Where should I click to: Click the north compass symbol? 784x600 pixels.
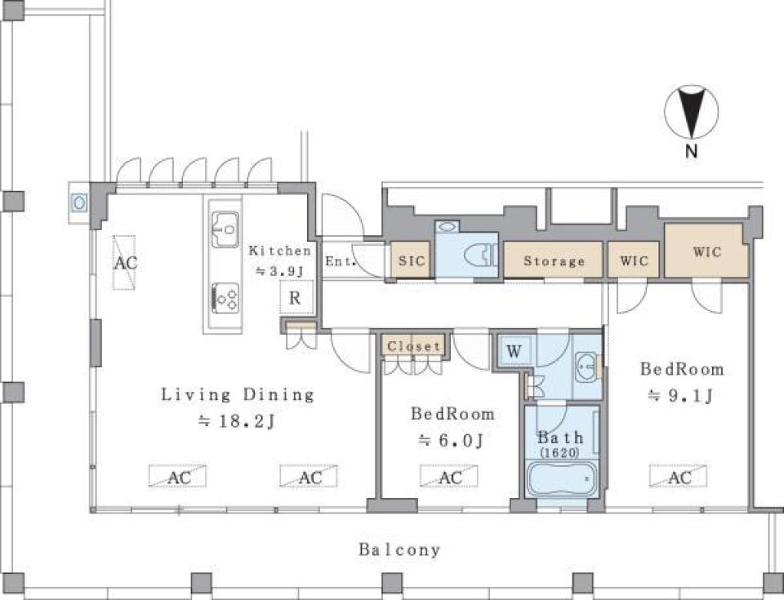pos(691,112)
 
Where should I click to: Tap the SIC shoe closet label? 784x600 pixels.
pos(412,260)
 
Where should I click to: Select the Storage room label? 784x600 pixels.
pos(554,261)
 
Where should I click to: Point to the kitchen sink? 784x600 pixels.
pos(225,229)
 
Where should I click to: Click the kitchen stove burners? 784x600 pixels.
pos(225,298)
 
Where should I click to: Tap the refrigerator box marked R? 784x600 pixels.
pos(296,297)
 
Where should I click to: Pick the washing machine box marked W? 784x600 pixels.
pos(514,351)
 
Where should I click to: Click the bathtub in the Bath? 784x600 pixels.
pos(562,478)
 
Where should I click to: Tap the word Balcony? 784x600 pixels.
pos(399,550)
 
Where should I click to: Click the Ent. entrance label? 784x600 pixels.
pos(341,261)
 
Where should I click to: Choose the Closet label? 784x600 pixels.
pos(413,346)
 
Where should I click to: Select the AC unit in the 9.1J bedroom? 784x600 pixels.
pos(678,476)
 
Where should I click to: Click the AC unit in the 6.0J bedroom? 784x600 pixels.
pos(448,476)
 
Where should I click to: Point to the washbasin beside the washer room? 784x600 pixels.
pos(586,367)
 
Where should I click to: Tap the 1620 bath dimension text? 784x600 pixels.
pos(559,453)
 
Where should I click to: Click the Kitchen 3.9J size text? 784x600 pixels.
pos(280,270)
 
